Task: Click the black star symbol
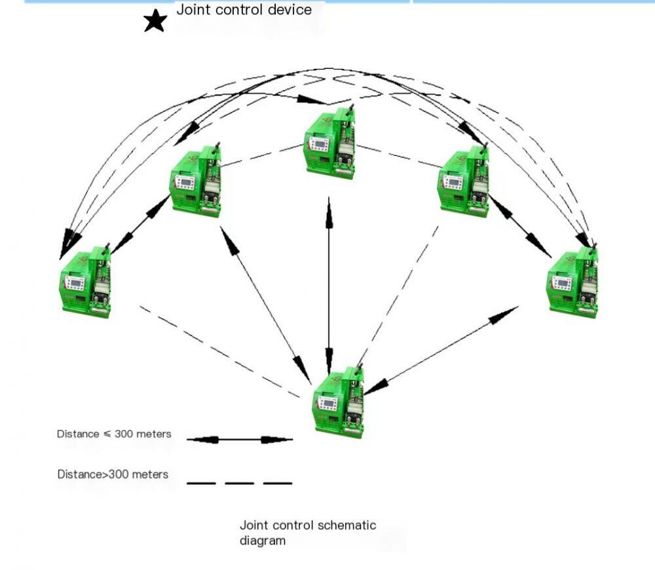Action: coord(155,21)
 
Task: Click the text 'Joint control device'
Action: coord(244,10)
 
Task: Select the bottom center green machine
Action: coord(339,401)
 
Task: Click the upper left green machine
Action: coord(196,180)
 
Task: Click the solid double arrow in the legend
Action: coord(239,440)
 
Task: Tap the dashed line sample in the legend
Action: coord(239,484)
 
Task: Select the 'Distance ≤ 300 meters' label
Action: coord(114,434)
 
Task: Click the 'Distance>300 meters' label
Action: coord(112,474)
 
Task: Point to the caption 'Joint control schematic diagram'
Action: coord(307,533)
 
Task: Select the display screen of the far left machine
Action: coord(74,284)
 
